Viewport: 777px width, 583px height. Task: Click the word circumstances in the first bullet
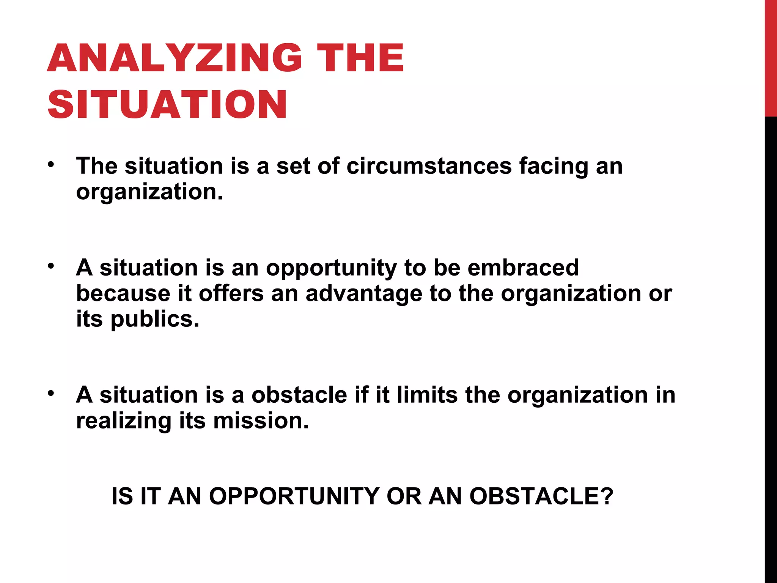pyautogui.click(x=429, y=166)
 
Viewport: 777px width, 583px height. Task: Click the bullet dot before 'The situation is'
pyautogui.click(x=51, y=165)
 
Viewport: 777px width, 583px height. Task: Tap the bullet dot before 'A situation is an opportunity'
pyautogui.click(x=51, y=266)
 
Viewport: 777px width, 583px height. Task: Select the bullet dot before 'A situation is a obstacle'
pyautogui.click(x=51, y=394)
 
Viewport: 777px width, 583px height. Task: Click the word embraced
pyautogui.click(x=523, y=268)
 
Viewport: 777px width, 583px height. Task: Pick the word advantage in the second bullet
pyautogui.click(x=363, y=294)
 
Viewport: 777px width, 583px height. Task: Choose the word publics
pyautogui.click(x=155, y=320)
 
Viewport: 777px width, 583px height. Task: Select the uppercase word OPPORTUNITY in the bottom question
pyautogui.click(x=294, y=496)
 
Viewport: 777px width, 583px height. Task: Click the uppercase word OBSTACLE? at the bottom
pyautogui.click(x=541, y=496)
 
